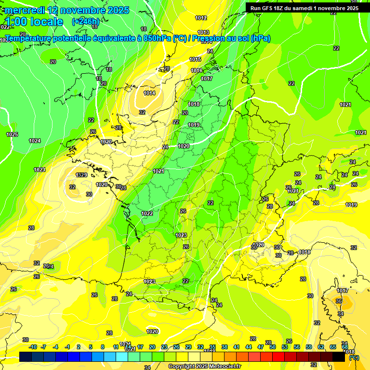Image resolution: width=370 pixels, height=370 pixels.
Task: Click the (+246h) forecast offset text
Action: point(86,21)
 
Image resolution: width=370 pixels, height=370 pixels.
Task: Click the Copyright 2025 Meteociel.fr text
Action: point(205,367)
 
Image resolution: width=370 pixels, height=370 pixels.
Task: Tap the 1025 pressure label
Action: point(12,134)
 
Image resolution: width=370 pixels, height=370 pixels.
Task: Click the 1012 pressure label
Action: point(201,18)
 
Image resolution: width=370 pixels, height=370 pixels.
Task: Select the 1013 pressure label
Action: point(203,32)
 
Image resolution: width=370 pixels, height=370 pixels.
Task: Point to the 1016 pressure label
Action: point(197,70)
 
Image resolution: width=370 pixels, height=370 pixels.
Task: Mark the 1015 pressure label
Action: point(195,59)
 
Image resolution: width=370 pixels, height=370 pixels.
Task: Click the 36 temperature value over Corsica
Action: point(339,301)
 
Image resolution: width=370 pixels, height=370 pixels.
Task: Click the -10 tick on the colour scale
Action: point(33,347)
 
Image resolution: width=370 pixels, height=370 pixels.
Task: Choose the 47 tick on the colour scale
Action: point(261,347)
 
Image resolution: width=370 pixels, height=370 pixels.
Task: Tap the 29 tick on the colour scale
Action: point(188,347)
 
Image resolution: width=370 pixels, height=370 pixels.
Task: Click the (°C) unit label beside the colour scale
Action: point(354,357)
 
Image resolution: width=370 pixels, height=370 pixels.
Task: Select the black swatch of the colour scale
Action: point(339,357)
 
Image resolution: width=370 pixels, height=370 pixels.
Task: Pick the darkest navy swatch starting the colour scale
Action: point(26,357)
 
